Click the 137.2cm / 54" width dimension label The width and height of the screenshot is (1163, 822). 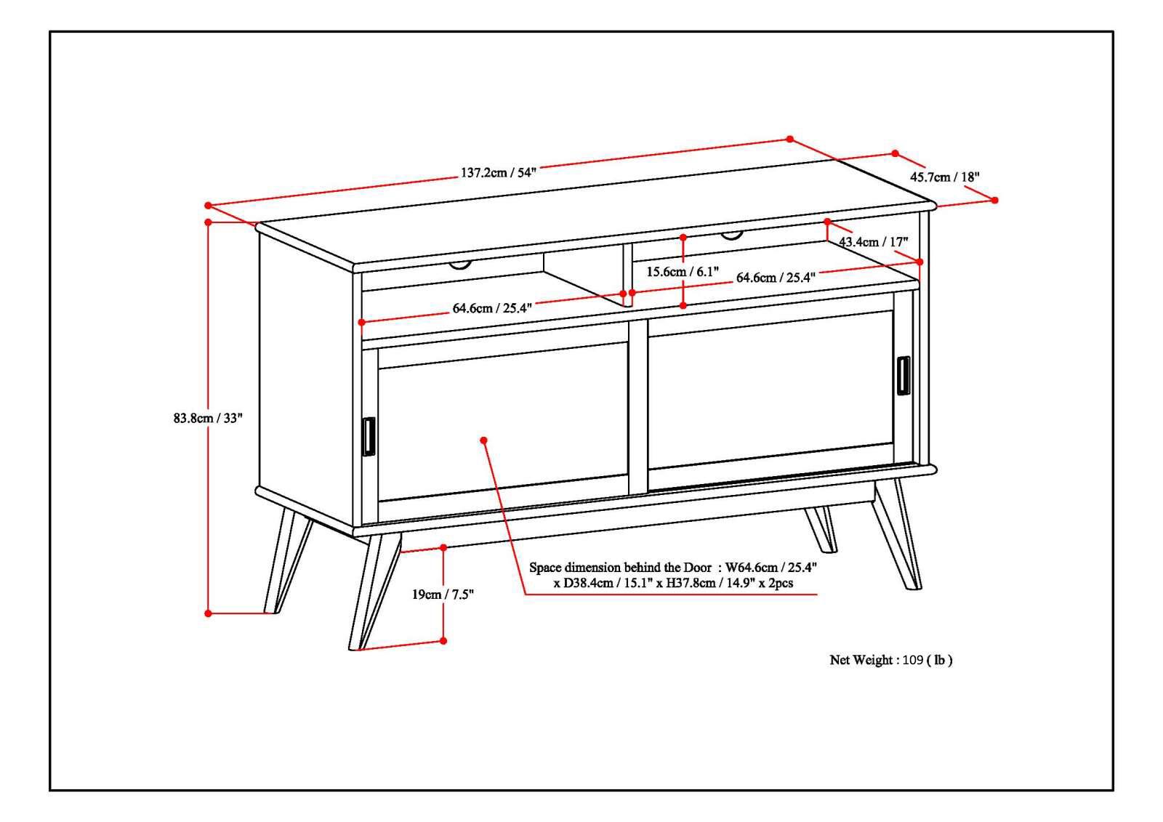click(497, 173)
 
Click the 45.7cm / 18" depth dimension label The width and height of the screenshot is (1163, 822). click(945, 177)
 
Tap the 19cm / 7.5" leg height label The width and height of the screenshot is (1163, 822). click(443, 595)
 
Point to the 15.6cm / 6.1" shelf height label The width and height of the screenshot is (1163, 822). click(683, 272)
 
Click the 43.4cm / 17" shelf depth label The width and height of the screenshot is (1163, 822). click(873, 241)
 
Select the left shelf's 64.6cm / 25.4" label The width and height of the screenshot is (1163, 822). click(492, 308)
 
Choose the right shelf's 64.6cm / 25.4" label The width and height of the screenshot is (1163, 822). click(776, 277)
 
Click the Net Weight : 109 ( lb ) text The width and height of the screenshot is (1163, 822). click(890, 660)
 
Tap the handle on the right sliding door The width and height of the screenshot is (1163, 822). click(903, 376)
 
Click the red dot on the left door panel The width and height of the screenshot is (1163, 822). click(483, 440)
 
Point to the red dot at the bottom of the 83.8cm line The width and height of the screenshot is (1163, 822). click(208, 613)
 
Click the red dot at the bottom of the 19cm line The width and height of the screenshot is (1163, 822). click(443, 640)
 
